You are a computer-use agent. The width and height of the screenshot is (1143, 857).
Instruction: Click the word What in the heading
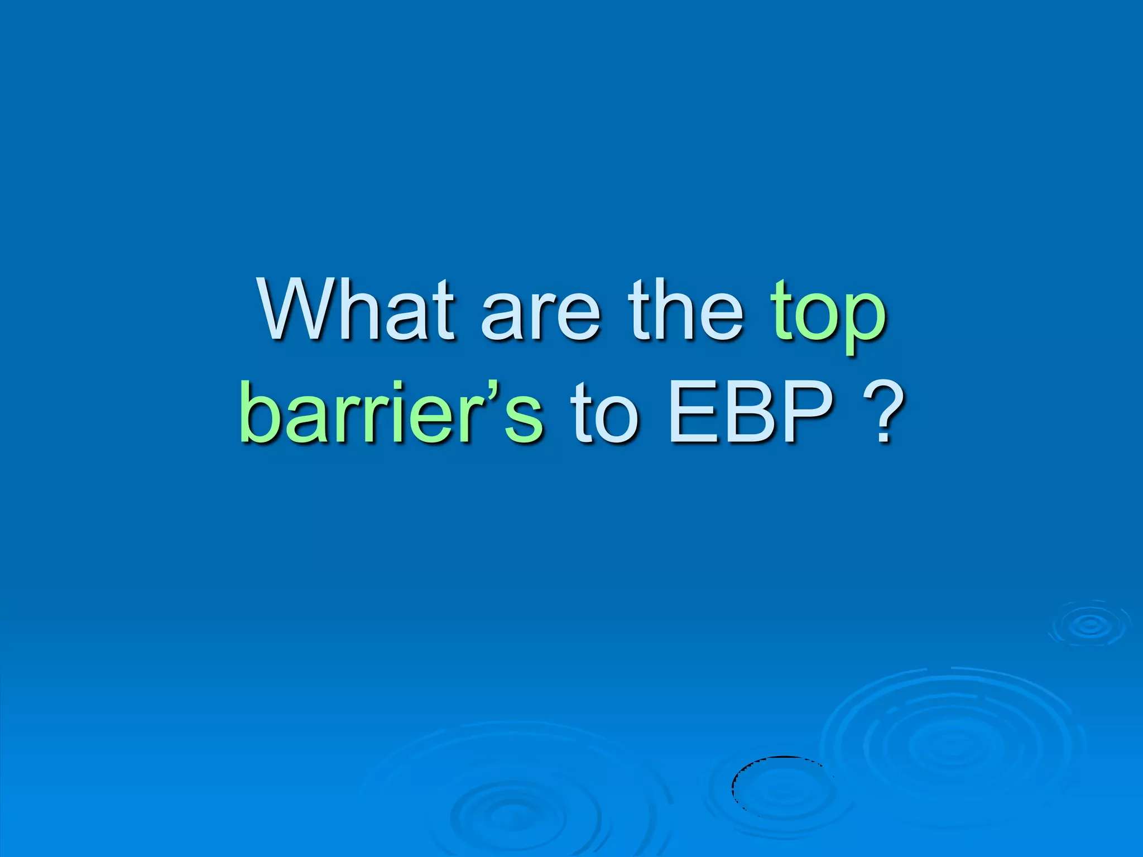tap(356, 311)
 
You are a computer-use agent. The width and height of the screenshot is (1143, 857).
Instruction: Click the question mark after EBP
tap(883, 413)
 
